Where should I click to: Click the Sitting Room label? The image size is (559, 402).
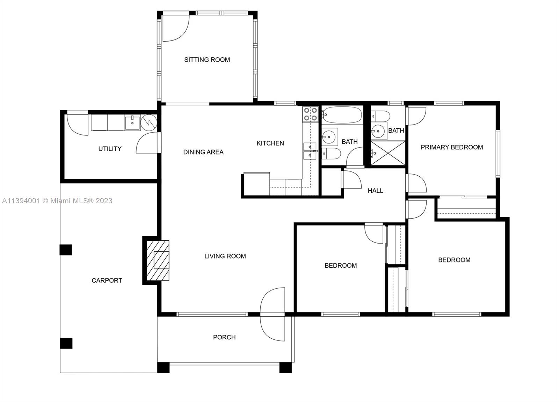(x=207, y=60)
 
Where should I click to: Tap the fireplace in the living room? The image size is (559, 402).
(x=158, y=260)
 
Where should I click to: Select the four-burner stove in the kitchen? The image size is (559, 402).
(x=310, y=114)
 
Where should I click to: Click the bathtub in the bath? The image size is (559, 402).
(x=342, y=115)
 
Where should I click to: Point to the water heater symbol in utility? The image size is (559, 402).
(x=149, y=122)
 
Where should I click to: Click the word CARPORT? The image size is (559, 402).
(x=107, y=280)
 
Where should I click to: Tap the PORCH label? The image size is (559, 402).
(x=224, y=337)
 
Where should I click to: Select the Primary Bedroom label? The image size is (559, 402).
(x=452, y=147)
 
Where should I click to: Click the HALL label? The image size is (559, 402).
(x=375, y=191)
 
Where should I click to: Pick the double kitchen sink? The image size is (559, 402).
(x=310, y=151)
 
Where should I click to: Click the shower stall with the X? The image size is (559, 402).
(x=387, y=153)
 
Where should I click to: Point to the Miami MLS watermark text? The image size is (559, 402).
(x=57, y=200)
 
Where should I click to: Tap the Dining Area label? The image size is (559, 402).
(x=203, y=152)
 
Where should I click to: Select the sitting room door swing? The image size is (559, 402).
(x=176, y=28)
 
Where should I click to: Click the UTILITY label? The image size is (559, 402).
(x=110, y=149)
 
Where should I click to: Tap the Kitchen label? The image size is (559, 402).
(x=270, y=143)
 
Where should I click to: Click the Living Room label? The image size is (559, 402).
(x=225, y=256)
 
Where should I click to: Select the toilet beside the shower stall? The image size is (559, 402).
(x=380, y=116)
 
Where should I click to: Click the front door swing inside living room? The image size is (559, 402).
(x=273, y=300)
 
